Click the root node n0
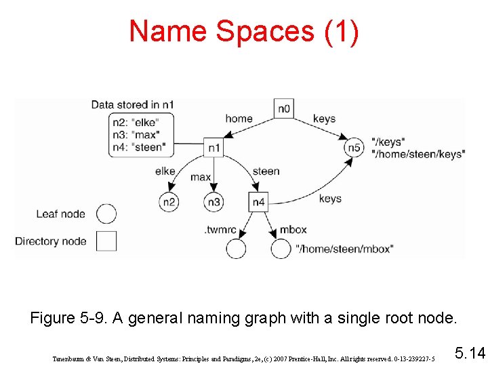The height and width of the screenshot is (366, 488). pyautogui.click(x=284, y=108)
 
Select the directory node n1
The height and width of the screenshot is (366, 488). pyautogui.click(x=213, y=147)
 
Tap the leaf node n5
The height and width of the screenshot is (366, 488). pyautogui.click(x=353, y=147)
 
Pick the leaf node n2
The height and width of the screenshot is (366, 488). pyautogui.click(x=169, y=201)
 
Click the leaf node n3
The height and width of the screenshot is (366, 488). pyautogui.click(x=213, y=201)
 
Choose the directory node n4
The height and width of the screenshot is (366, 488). pyautogui.click(x=259, y=201)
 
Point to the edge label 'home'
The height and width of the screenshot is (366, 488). pyautogui.click(x=239, y=119)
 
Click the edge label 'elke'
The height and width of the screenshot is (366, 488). pyautogui.click(x=165, y=171)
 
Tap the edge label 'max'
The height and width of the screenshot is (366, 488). pyautogui.click(x=201, y=178)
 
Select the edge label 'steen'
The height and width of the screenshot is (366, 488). pyautogui.click(x=266, y=171)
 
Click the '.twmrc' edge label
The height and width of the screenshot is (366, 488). pyautogui.click(x=220, y=230)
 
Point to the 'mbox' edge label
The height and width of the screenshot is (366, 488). pyautogui.click(x=293, y=230)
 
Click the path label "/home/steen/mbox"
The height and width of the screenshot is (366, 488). pyautogui.click(x=344, y=249)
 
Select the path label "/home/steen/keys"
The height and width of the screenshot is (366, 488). pyautogui.click(x=418, y=155)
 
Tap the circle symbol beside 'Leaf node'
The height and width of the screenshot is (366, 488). pyautogui.click(x=106, y=214)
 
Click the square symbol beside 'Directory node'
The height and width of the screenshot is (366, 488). pyautogui.click(x=106, y=241)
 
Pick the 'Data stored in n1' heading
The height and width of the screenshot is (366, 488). pyautogui.click(x=133, y=104)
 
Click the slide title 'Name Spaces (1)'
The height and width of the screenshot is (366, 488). pyautogui.click(x=244, y=31)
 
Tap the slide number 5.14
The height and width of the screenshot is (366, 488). pyautogui.click(x=469, y=353)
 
